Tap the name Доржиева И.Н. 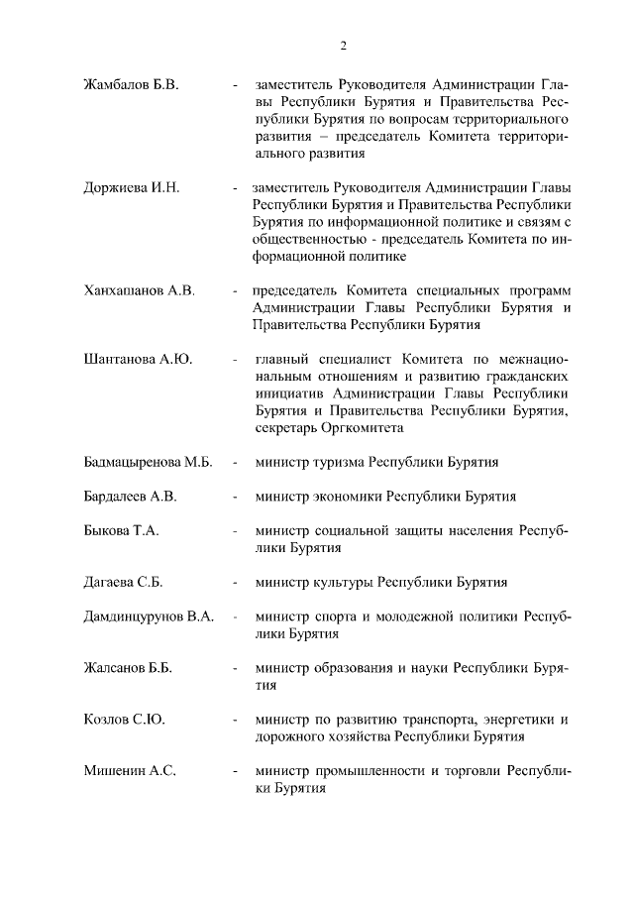pos(131,187)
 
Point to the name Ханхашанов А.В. pos(140,290)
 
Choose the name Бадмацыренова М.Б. pos(148,462)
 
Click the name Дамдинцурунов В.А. pos(149,617)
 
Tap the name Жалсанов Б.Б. pos(128,668)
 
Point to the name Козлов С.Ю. pos(124,720)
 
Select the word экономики pos(349,497)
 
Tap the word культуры pos(342,582)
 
